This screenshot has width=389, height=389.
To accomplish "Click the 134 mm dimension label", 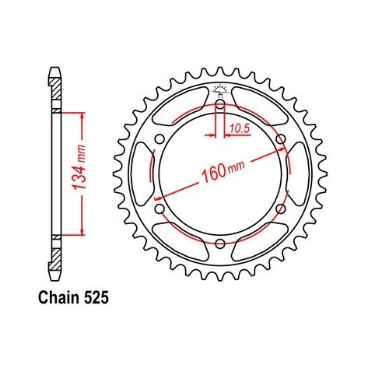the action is [x=79, y=167].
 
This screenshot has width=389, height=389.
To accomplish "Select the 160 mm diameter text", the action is [x=223, y=170].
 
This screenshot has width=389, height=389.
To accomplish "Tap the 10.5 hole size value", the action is [x=240, y=128].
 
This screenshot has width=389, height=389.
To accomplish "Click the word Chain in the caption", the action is [x=58, y=297].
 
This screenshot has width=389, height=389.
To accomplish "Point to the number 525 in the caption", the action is [x=96, y=298].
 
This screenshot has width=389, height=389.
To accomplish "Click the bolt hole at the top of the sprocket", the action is [x=220, y=104].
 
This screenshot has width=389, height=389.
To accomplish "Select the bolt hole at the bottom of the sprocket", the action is [x=220, y=244].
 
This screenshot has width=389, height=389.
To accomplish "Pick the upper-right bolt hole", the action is [x=281, y=139].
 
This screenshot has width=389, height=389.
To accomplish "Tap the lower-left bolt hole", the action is [x=160, y=209].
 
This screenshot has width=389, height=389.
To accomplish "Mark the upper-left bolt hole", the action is [x=160, y=139].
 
